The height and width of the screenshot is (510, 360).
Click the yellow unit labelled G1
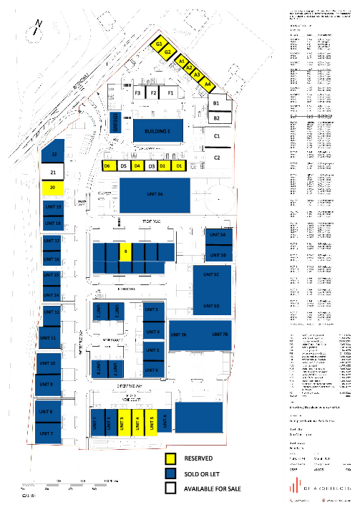(160, 43)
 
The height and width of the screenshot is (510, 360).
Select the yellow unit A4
(207, 84)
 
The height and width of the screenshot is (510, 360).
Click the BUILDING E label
(157, 131)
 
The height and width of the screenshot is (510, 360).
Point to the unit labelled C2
(218, 157)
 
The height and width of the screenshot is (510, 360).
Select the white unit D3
(151, 166)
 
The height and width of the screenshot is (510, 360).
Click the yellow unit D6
(107, 166)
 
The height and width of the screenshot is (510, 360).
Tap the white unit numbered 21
(53, 173)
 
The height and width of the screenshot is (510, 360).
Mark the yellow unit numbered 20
(53, 188)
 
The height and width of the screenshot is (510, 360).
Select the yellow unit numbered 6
(125, 251)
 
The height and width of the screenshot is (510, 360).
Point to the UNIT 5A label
(218, 236)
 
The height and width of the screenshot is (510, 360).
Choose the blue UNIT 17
(52, 241)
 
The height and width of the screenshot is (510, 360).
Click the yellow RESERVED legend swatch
(171, 458)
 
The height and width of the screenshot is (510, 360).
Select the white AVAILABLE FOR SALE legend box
(171, 489)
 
